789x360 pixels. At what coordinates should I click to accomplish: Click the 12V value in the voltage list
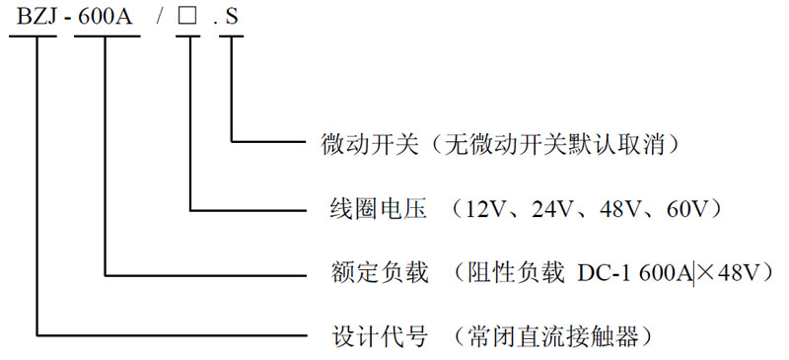(x=487, y=209)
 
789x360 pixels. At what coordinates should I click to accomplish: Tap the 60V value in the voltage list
(x=688, y=209)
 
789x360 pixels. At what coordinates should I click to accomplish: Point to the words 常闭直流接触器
(x=554, y=336)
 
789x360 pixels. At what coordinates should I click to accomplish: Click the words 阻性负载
(x=524, y=273)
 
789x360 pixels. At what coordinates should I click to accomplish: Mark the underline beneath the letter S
(x=231, y=36)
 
